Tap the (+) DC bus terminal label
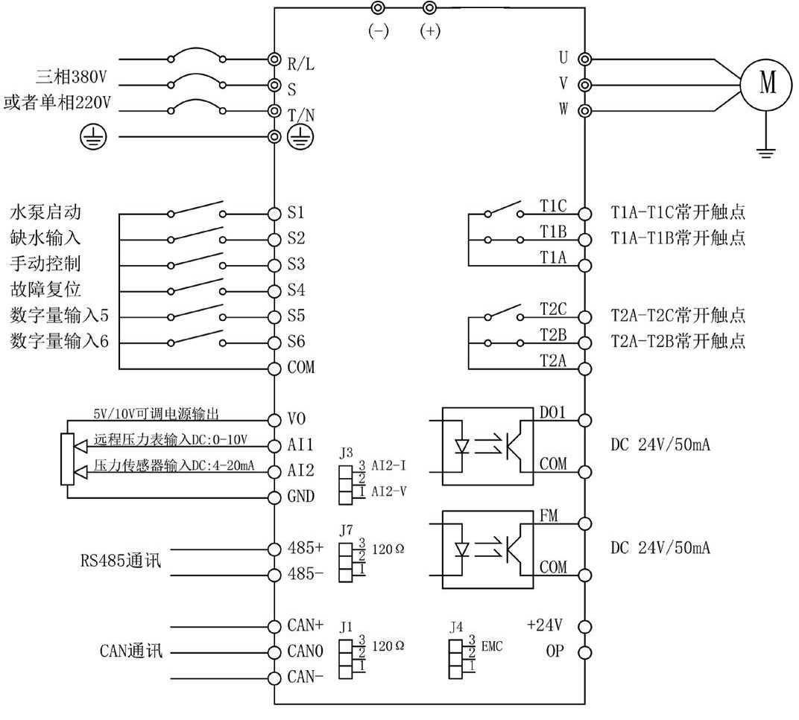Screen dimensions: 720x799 [x=430, y=33]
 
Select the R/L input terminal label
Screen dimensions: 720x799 [x=301, y=64]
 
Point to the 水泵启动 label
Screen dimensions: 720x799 [x=45, y=213]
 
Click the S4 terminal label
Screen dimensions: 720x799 [x=296, y=290]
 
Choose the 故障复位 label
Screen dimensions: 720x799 [x=45, y=290]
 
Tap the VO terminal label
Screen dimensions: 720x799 [x=296, y=419]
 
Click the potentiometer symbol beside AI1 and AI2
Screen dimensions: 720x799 [x=67, y=458]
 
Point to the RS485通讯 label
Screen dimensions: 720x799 [x=120, y=560]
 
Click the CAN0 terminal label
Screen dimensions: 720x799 [x=306, y=652]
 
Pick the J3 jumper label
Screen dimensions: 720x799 [x=345, y=452]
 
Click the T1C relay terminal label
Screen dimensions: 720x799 [x=553, y=205]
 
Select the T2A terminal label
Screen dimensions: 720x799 [x=553, y=360]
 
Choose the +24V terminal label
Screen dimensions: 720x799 [x=544, y=625]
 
